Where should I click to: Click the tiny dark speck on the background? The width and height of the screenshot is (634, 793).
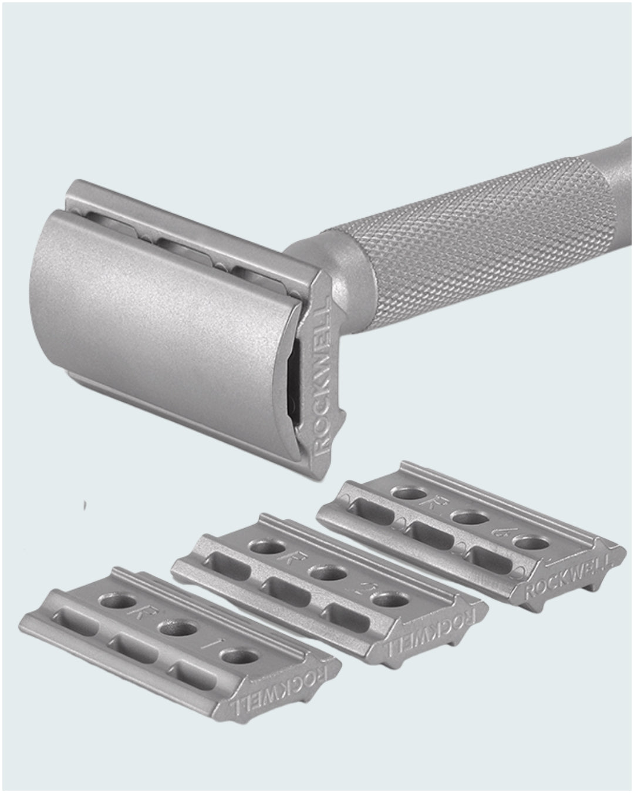click(86, 505)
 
